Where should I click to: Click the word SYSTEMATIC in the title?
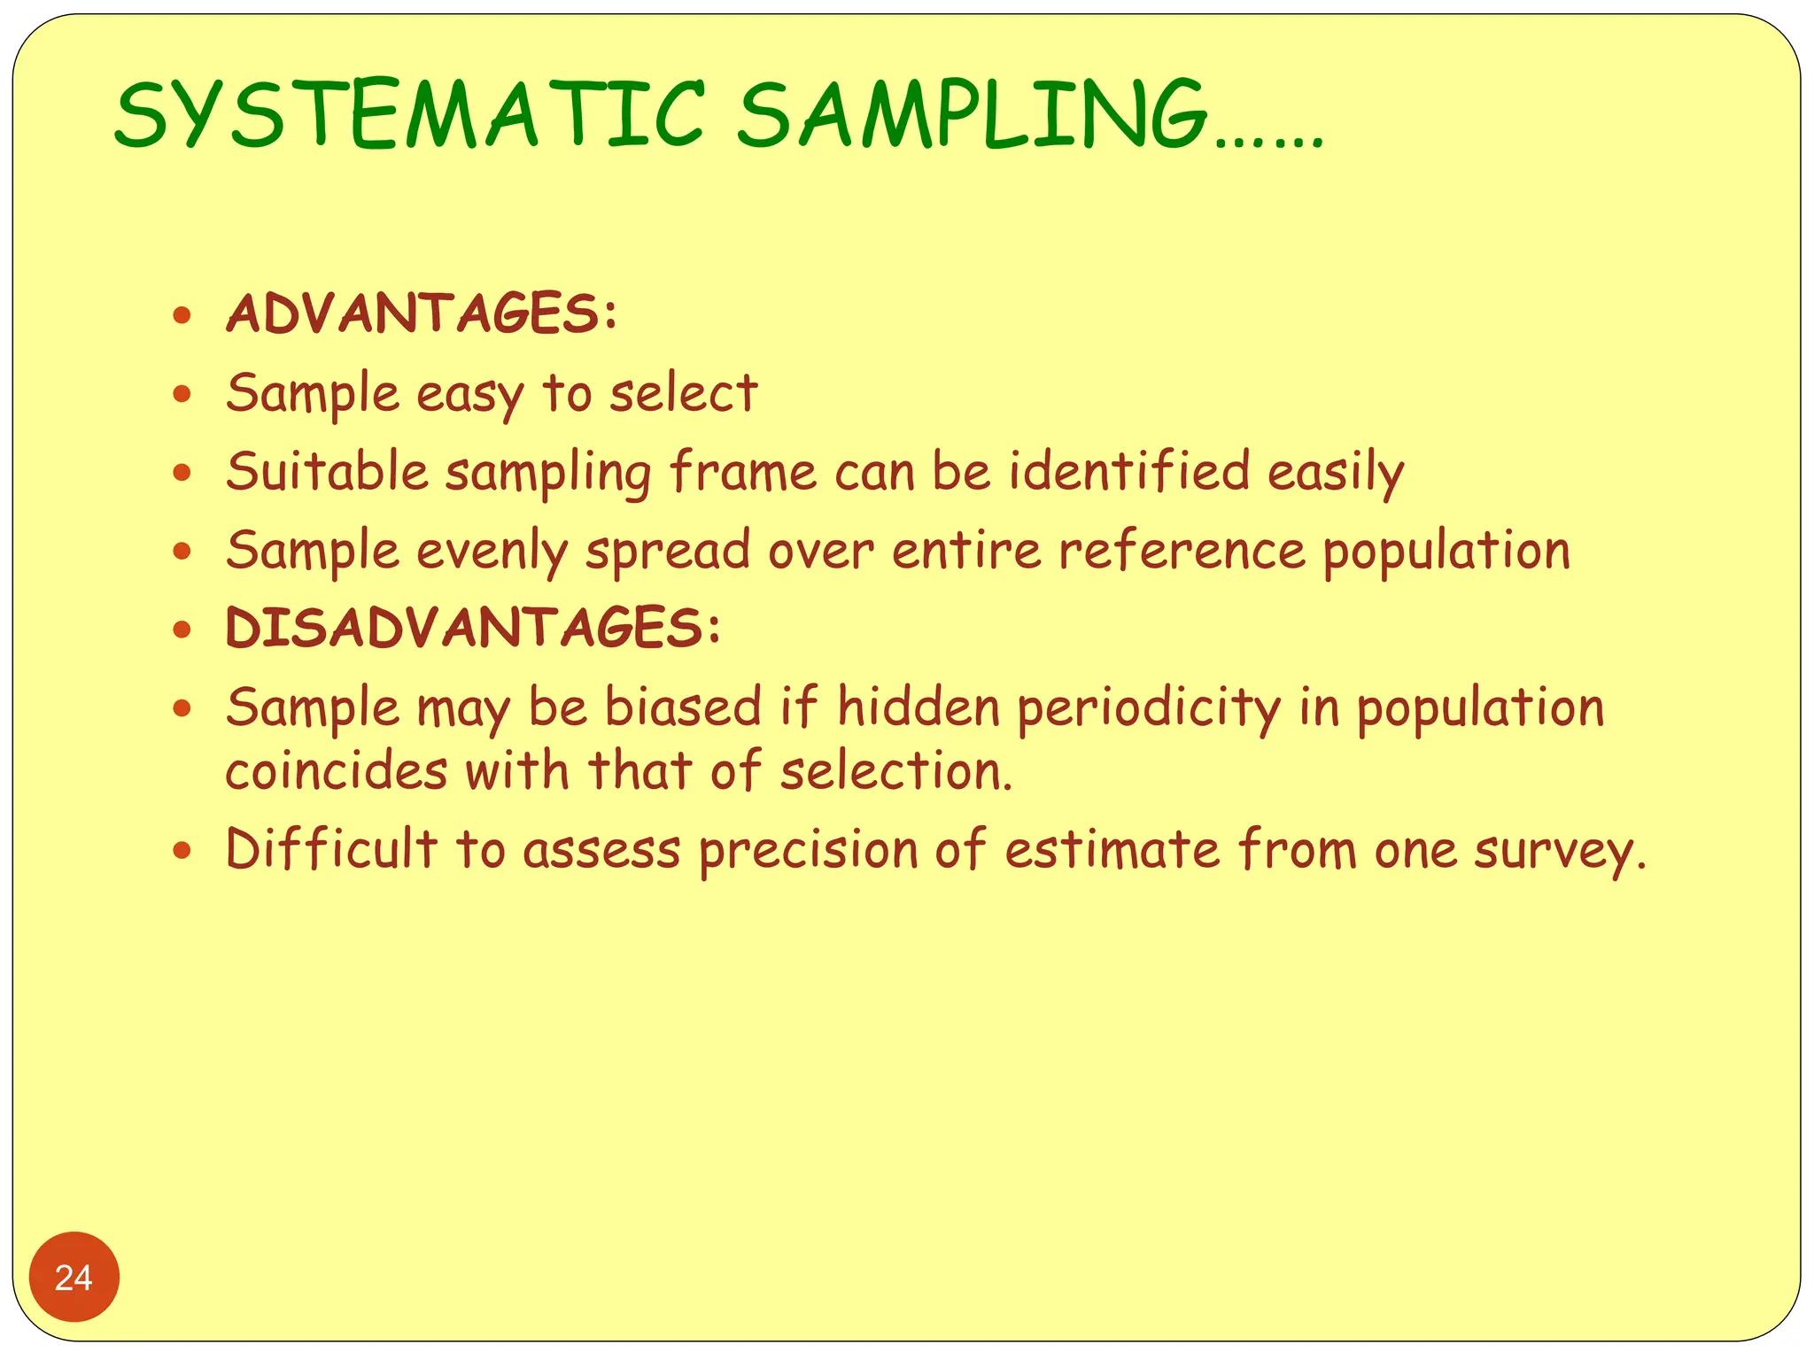point(409,115)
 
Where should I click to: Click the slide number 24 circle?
point(74,1277)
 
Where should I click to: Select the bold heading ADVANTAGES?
point(422,313)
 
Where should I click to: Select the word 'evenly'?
point(492,551)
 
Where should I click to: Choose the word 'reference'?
point(1182,551)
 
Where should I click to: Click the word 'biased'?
point(683,707)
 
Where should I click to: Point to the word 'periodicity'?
point(1149,709)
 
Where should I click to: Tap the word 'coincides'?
point(336,770)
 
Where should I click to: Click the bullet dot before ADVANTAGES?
point(182,314)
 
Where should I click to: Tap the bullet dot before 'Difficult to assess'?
point(182,851)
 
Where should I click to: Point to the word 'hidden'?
point(919,707)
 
